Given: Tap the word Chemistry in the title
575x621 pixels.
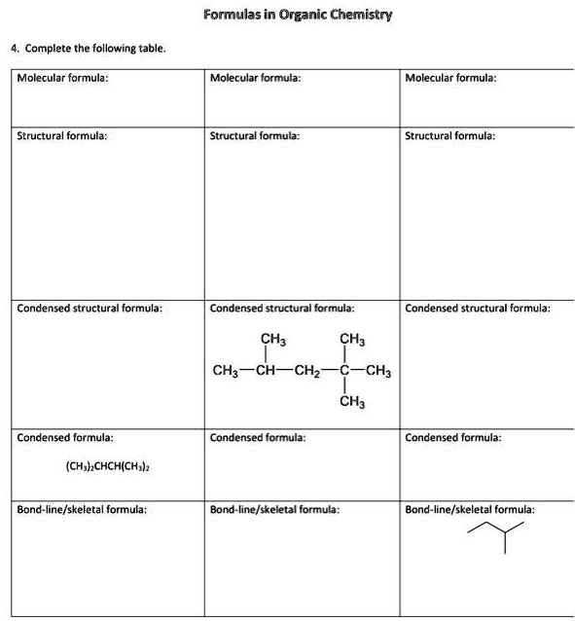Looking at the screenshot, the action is click(355, 16).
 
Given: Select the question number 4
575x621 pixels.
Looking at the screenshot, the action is click(14, 47).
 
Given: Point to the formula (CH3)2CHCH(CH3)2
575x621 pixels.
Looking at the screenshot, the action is click(107, 466).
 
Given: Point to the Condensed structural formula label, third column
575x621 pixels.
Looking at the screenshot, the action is click(477, 308).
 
